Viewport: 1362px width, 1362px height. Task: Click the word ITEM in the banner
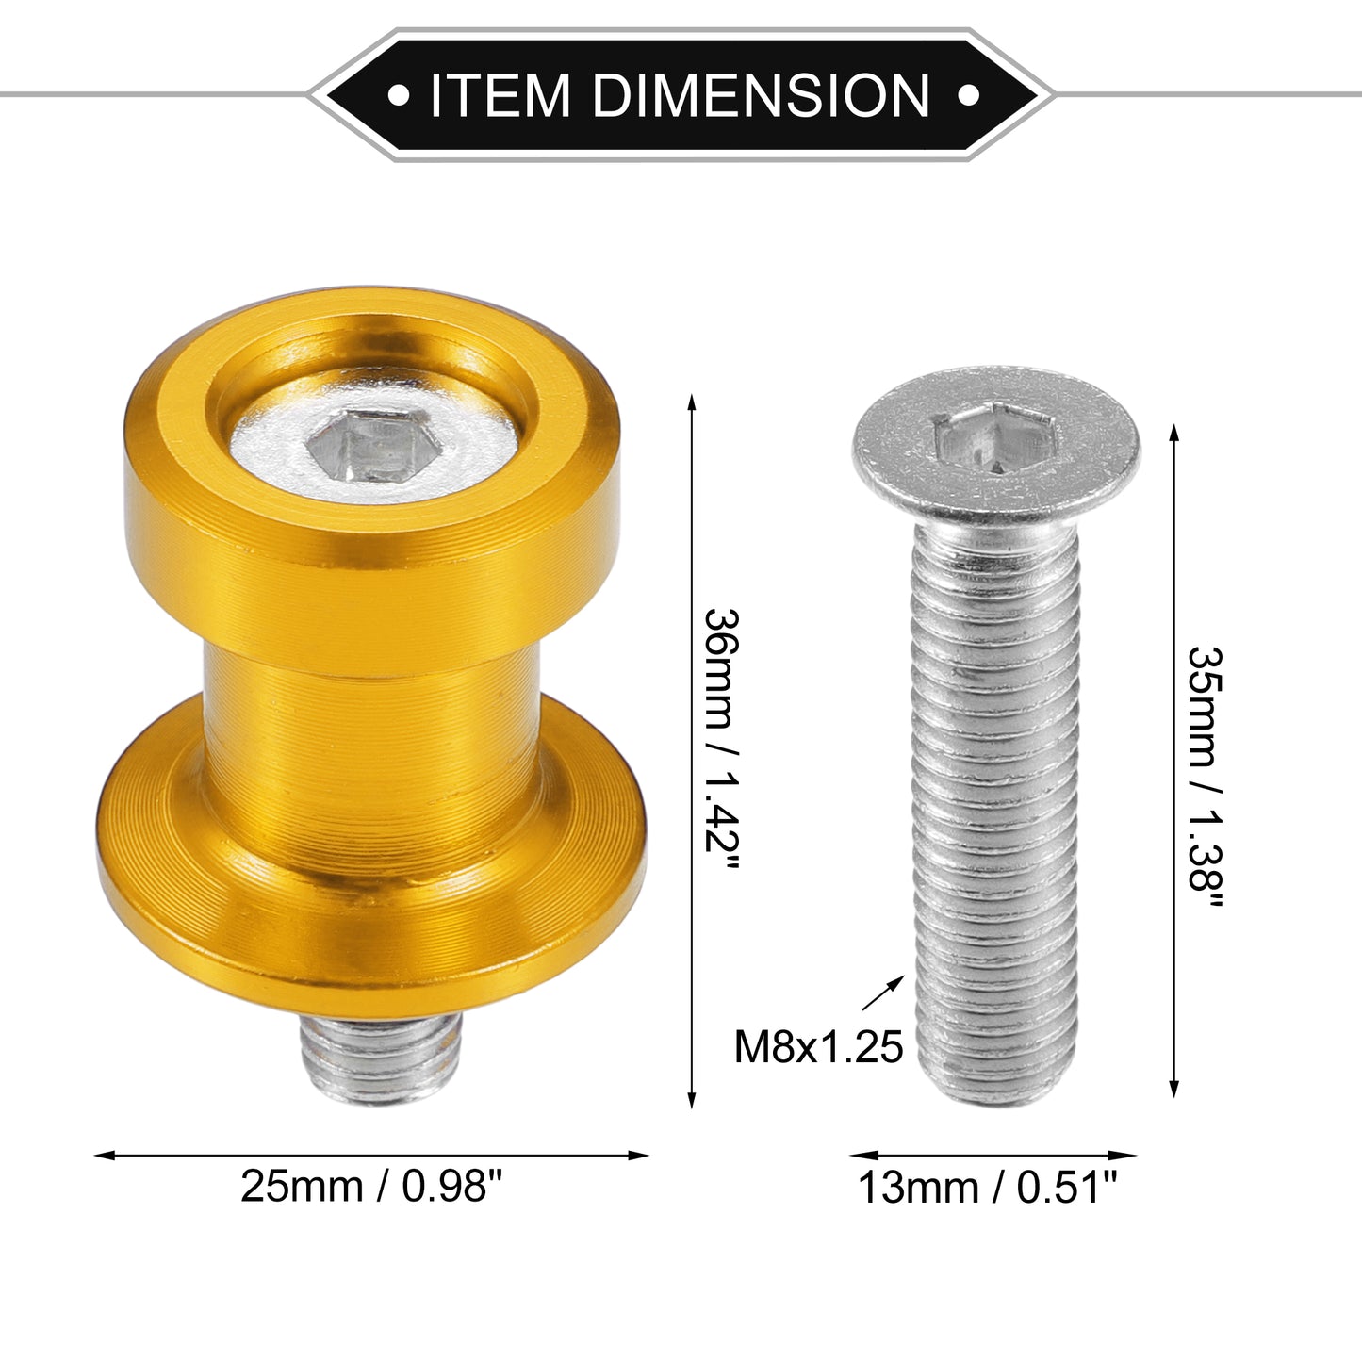tap(500, 95)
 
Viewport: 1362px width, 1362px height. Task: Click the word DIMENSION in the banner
tap(761, 95)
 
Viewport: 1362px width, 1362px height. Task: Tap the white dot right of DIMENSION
tap(968, 95)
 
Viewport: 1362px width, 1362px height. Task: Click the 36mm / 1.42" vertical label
tap(722, 739)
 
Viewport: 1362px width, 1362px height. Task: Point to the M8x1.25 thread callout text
tap(818, 1047)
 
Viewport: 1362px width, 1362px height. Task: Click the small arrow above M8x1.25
tap(883, 993)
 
